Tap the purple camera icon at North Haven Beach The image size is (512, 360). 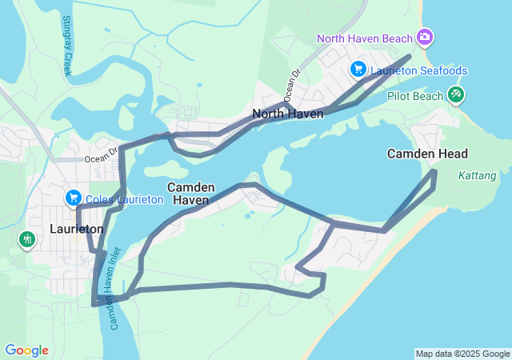[x=426, y=38]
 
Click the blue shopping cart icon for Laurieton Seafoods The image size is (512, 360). [x=358, y=70]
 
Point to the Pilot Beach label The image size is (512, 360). [x=415, y=96]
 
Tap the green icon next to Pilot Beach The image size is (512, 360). [x=456, y=95]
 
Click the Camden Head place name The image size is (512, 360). [x=427, y=154]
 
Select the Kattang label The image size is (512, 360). [x=478, y=175]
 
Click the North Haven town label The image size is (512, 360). [x=288, y=114]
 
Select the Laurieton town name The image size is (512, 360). [x=77, y=229]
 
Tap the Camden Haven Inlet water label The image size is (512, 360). [x=114, y=299]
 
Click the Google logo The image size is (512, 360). [x=26, y=350]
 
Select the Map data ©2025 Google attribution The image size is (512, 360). [x=462, y=354]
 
